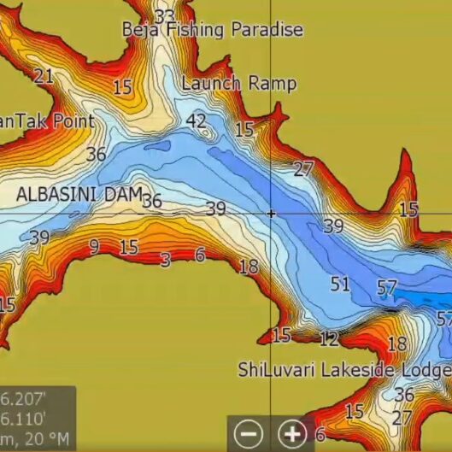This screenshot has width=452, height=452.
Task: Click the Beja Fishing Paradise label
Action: pyautogui.click(x=213, y=30)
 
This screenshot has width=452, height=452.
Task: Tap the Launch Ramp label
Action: pyautogui.click(x=239, y=84)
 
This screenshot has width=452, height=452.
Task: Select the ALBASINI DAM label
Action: pyautogui.click(x=79, y=194)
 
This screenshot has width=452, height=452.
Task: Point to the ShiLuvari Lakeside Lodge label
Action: pyautogui.click(x=343, y=370)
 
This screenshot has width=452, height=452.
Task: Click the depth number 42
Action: pyautogui.click(x=197, y=120)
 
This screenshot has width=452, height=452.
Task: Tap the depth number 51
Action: pyautogui.click(x=340, y=284)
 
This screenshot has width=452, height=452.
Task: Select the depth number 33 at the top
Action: pyautogui.click(x=165, y=15)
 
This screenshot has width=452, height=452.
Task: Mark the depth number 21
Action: pyautogui.click(x=44, y=76)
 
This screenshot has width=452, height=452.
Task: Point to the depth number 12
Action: pyautogui.click(x=329, y=339)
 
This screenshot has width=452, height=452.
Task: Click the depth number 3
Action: pyautogui.click(x=166, y=260)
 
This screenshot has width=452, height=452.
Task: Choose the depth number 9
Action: pyautogui.click(x=93, y=247)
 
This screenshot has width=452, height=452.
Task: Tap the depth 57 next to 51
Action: pyautogui.click(x=387, y=288)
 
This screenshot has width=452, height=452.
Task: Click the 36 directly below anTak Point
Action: pyautogui.click(x=97, y=155)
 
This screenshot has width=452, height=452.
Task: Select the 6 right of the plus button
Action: pyautogui.click(x=320, y=435)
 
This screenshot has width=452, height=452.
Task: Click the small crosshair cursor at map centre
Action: pyautogui.click(x=271, y=213)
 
